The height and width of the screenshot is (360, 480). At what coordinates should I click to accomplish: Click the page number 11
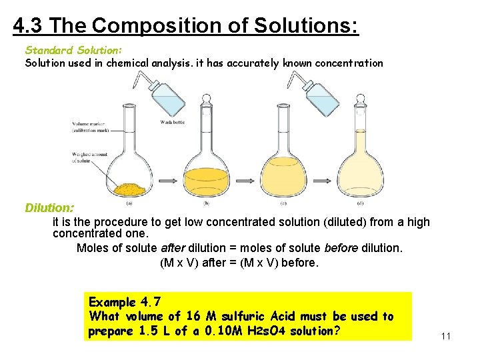[x=446, y=335]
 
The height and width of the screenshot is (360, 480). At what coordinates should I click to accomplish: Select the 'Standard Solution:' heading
[x=73, y=50]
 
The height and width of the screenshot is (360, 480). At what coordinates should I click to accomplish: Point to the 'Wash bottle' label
[x=173, y=122]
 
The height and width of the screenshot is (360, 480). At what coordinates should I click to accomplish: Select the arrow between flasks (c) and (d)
[x=323, y=180]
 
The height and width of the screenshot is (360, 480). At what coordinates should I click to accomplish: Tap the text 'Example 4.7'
[x=125, y=302]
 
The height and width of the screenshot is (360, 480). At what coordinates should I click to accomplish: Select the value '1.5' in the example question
[x=149, y=331]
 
